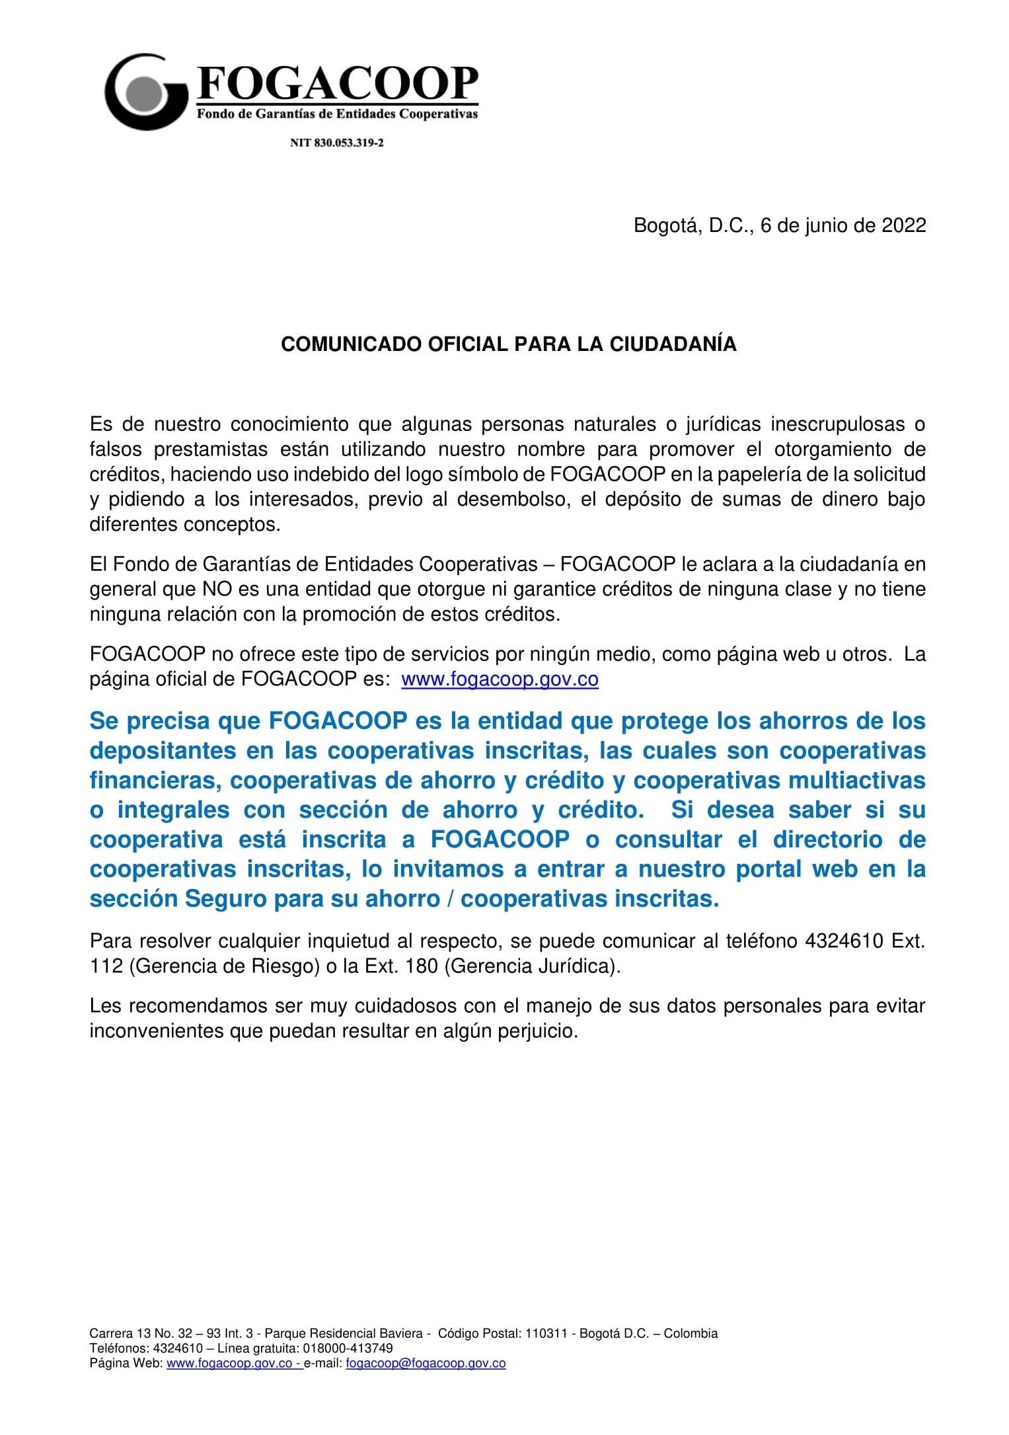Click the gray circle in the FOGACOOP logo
click(144, 93)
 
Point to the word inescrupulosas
click(837, 424)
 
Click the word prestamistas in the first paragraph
click(210, 449)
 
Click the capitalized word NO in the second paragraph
click(217, 589)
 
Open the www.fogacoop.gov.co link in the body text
click(500, 679)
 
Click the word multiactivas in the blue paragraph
click(856, 781)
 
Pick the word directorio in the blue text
click(827, 839)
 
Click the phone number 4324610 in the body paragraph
click(843, 941)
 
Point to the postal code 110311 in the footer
click(546, 1333)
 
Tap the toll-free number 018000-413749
click(348, 1348)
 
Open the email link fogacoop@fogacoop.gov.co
click(426, 1363)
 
